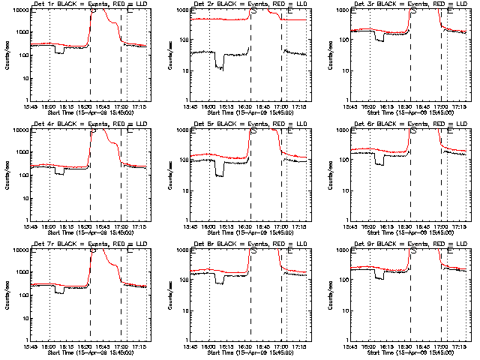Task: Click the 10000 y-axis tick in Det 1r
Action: pos(17,10)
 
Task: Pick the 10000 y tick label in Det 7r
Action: pos(17,250)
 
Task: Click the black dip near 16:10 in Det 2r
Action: pos(218,67)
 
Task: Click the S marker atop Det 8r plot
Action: pos(253,250)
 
